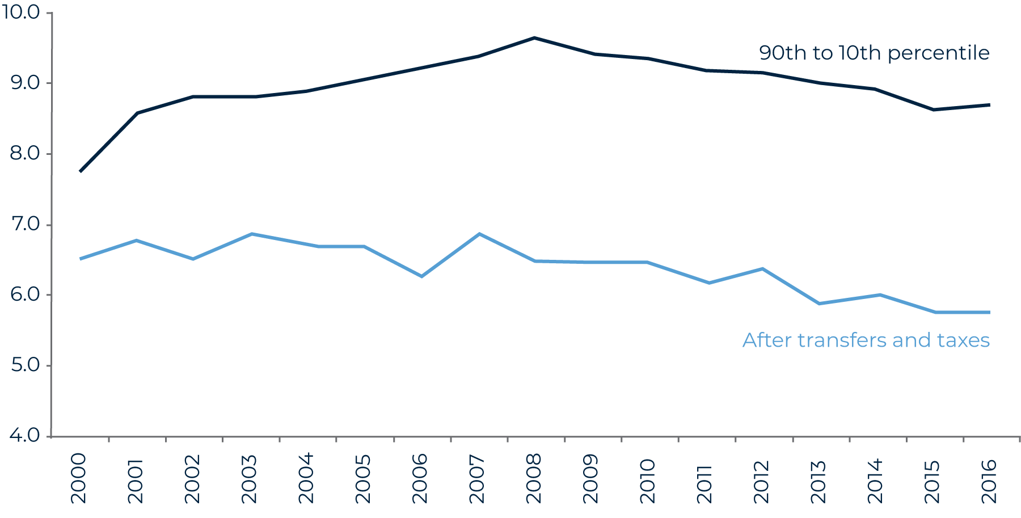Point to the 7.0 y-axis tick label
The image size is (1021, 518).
[25, 225]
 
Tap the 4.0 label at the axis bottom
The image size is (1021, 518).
[25, 436]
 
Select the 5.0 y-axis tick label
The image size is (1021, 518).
[25, 365]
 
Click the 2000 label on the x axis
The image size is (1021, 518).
[78, 478]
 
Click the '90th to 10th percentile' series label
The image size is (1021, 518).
[874, 53]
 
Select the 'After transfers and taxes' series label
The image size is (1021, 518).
[866, 340]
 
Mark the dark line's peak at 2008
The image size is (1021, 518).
[534, 38]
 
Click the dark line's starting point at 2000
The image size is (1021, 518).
[80, 171]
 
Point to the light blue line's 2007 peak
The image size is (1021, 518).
[479, 234]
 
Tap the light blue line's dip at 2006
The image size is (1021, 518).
[421, 276]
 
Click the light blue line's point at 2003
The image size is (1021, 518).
[251, 234]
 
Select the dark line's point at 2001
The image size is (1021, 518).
[137, 113]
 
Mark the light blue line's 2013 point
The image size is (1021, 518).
[819, 304]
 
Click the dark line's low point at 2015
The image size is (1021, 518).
[933, 110]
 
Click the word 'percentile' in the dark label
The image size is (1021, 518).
[938, 53]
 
